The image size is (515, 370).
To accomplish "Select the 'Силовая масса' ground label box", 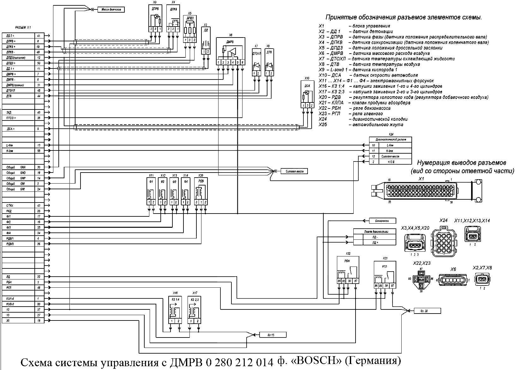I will [x=294, y=171].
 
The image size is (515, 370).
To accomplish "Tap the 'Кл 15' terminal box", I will [x=272, y=335].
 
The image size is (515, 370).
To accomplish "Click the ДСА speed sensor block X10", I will [x=307, y=95].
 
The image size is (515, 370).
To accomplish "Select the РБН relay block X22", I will [x=347, y=270].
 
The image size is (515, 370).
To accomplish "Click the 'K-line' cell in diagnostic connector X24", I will [x=390, y=151].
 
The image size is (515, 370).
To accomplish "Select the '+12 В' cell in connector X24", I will [x=390, y=162].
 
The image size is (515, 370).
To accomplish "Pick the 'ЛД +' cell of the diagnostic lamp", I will [x=375, y=242].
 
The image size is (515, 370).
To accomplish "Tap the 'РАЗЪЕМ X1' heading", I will [x=23, y=28].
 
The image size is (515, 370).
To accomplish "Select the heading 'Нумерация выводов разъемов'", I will [x=462, y=163].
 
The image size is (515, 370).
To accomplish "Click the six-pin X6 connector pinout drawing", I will [x=453, y=280].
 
